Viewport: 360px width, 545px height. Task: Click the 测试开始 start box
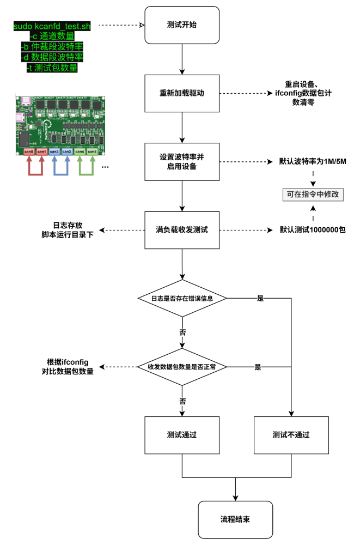click(182, 25)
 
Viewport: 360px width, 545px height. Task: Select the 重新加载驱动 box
click(182, 93)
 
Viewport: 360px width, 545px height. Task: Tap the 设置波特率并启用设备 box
click(182, 162)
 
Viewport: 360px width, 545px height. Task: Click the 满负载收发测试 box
click(182, 230)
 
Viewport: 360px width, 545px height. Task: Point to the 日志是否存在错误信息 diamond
click(182, 298)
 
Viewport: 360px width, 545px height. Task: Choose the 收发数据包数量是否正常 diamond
click(182, 367)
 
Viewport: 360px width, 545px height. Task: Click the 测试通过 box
click(182, 435)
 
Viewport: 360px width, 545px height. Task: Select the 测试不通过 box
click(291, 435)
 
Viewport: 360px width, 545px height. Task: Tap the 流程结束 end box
click(235, 519)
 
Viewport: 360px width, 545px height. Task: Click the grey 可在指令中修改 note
click(313, 195)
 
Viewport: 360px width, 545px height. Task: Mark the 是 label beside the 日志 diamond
click(260, 299)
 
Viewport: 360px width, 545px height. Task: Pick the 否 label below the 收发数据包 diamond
click(183, 402)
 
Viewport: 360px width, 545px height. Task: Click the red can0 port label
click(29, 152)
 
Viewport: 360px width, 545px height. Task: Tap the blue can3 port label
click(67, 152)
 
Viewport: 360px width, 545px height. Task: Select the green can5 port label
click(92, 152)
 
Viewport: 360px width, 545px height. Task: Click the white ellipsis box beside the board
click(105, 165)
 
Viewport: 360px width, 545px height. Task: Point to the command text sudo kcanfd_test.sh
click(52, 26)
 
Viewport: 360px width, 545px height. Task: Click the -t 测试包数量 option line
click(52, 68)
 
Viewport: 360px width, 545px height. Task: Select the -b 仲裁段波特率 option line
click(52, 47)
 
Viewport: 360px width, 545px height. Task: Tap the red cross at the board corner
click(15, 96)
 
